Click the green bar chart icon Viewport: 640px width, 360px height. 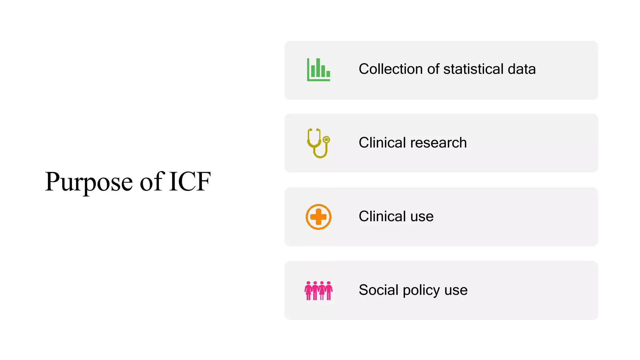tap(318, 69)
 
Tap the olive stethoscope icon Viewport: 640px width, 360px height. tap(318, 143)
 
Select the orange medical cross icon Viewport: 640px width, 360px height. tap(318, 217)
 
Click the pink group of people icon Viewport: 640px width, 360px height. tap(318, 291)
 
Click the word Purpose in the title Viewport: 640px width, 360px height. tap(89, 182)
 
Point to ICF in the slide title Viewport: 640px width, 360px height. tap(190, 182)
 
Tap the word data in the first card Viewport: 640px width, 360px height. tap(522, 69)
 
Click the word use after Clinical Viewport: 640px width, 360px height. tap(422, 217)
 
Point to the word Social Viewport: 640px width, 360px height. tap(378, 290)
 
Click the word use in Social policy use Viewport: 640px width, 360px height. tap(456, 290)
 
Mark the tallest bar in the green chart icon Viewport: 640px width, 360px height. tap(318, 67)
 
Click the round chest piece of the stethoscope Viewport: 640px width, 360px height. tap(326, 139)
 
